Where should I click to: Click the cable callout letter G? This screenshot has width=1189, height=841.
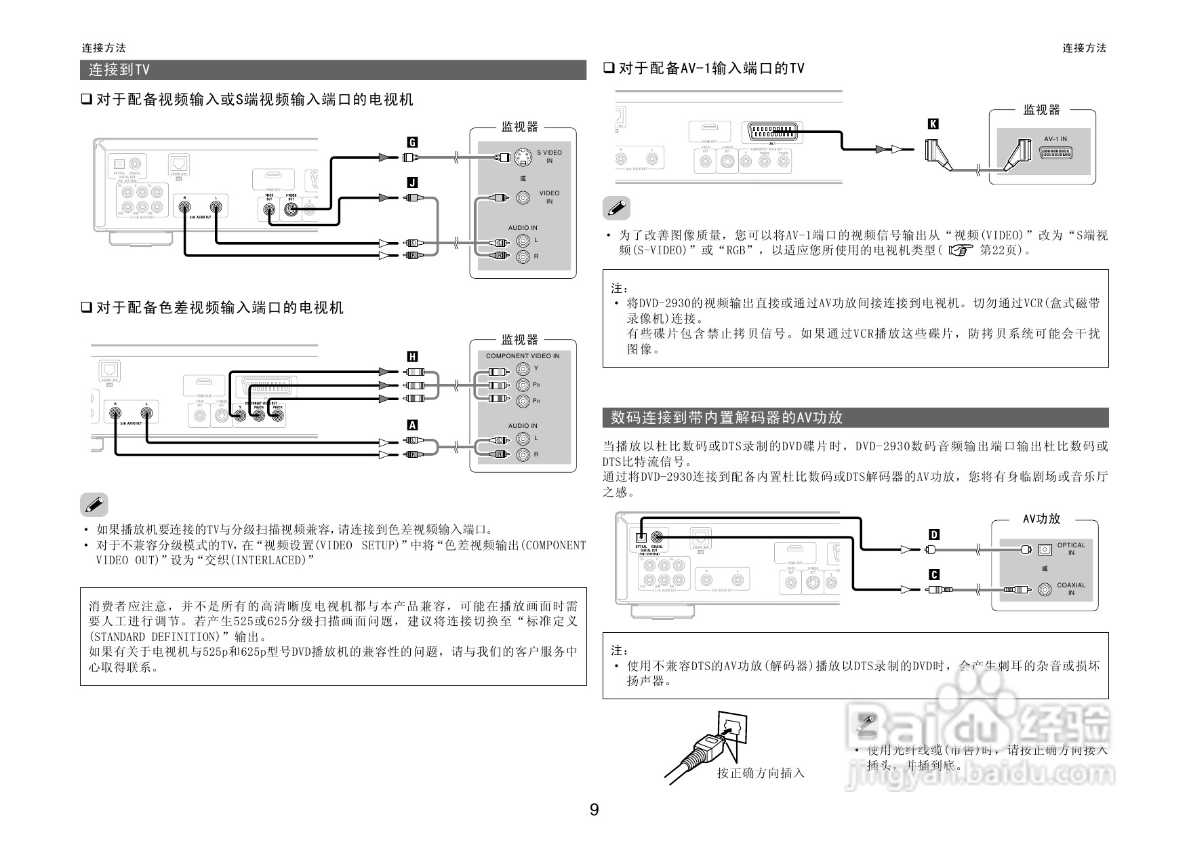(411, 142)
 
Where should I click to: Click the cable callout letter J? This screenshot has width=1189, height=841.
(411, 182)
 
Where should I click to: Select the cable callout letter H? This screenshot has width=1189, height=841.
(411, 357)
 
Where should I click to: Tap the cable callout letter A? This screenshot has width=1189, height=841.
(411, 425)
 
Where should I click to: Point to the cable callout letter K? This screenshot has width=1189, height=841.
(933, 123)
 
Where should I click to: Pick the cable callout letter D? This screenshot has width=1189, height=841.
(933, 534)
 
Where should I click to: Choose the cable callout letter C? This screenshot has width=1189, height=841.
(933, 575)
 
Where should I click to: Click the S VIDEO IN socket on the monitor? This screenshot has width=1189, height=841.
(522, 157)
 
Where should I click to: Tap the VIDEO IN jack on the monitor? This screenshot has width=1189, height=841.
(523, 197)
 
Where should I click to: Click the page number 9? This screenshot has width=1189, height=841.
(594, 810)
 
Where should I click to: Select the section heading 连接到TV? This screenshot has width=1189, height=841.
(119, 70)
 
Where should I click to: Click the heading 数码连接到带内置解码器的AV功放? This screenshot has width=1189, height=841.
(726, 418)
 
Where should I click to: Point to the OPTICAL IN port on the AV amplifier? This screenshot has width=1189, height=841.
(1045, 548)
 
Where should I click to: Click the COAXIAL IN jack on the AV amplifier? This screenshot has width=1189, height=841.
(1045, 589)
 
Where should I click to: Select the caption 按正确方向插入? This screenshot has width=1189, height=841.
(761, 772)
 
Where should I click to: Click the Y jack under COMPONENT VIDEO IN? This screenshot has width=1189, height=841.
(523, 369)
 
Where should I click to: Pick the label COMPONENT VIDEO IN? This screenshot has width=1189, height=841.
(523, 355)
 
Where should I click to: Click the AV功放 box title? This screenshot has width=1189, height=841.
(1041, 519)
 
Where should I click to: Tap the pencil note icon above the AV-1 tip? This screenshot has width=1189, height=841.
(616, 208)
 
